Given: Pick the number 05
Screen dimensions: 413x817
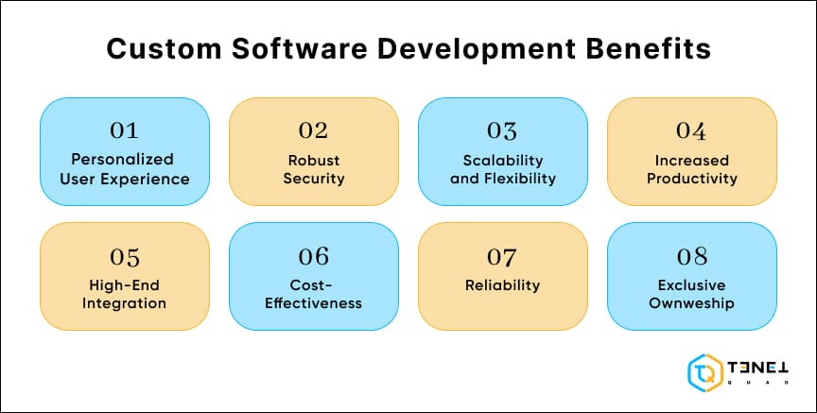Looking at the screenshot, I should [125, 256].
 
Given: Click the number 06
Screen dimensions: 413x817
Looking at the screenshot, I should [313, 256].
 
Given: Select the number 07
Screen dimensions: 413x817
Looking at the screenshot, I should [502, 256].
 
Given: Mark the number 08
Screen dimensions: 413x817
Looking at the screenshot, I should [691, 256].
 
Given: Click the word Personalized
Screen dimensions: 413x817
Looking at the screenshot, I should [125, 159].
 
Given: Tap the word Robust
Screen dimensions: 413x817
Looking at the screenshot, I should [313, 159].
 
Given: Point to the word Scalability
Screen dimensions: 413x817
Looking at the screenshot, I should [502, 159].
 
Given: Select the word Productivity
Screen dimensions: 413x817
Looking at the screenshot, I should [691, 178].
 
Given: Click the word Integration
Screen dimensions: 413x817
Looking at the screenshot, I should [125, 303].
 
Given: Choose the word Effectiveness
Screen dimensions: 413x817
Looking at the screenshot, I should [313, 303].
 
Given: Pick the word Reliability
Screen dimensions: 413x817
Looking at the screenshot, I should [502, 284].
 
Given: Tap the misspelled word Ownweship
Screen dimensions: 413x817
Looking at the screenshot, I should [691, 303].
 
